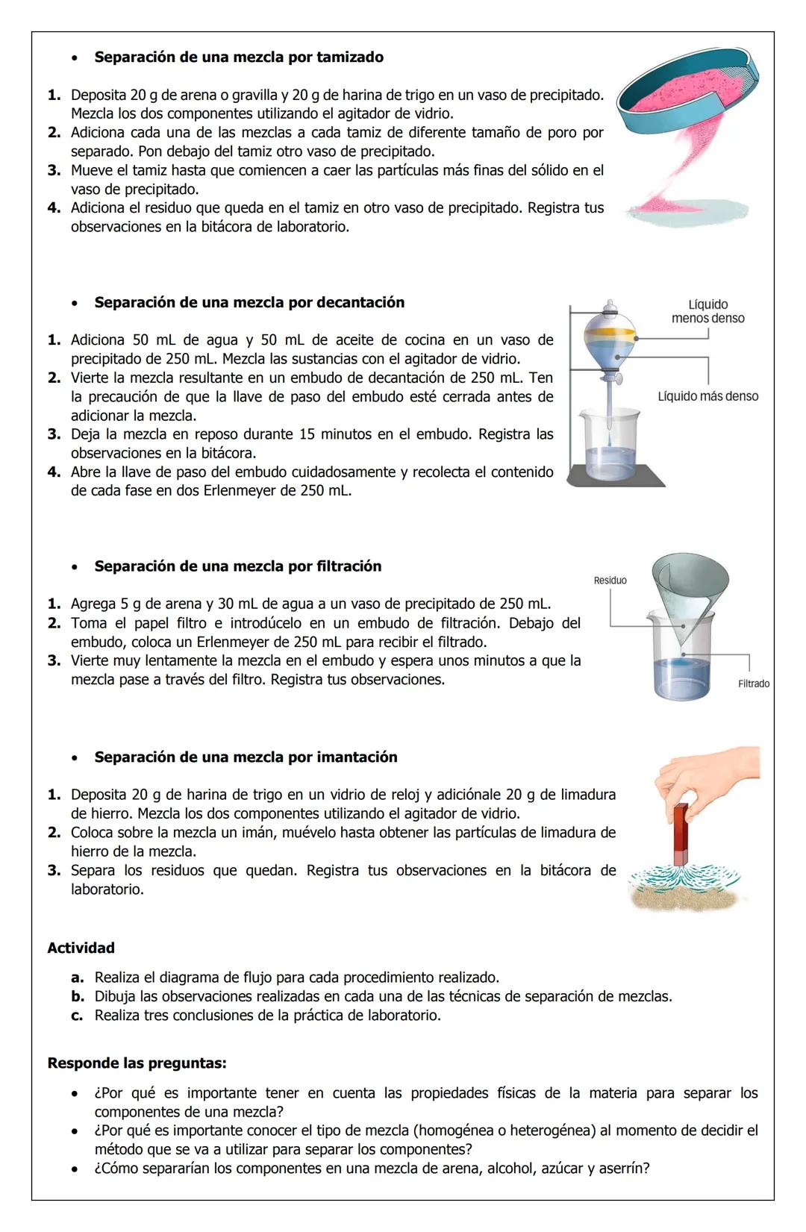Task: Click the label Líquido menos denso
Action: [707, 311]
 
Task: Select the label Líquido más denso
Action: [707, 396]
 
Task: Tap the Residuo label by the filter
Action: [610, 581]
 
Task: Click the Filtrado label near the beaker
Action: [753, 684]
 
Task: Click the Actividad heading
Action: [81, 948]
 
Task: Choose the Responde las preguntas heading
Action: [137, 1063]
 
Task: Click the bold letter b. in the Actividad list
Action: [78, 997]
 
